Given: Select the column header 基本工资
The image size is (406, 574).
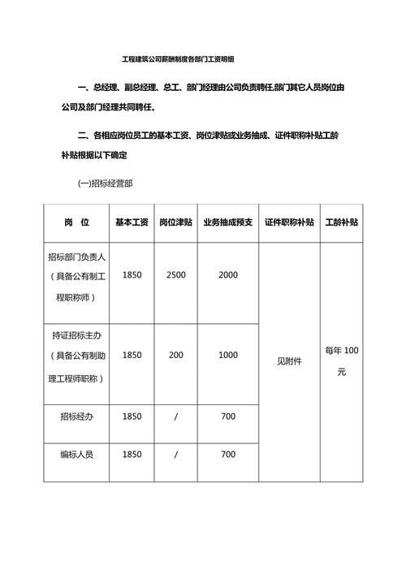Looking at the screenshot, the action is pos(132,222).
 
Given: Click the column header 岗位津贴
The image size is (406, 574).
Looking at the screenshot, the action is pos(175,222).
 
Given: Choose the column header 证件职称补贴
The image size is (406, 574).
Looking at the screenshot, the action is pos(290,222).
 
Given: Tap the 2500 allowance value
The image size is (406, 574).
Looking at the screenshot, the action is pos(175,275).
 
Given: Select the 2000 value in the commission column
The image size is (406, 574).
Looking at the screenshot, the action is pos(228,275).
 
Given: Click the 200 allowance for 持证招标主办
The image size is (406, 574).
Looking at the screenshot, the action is pos(175,355).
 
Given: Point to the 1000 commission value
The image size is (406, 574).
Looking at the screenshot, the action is pos(228,355).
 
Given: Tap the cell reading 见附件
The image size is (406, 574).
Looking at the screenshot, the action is pos(290,360).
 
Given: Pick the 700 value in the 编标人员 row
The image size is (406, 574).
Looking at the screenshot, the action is pos(228,455).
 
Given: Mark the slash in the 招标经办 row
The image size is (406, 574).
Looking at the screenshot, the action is pos(175,416).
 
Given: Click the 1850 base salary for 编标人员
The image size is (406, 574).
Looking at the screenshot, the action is pos(132,455).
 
